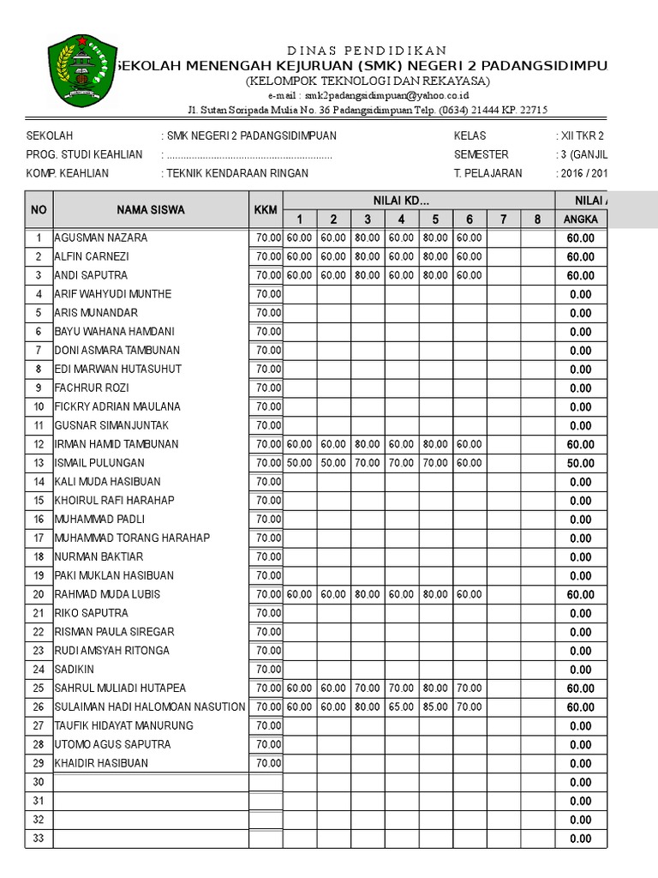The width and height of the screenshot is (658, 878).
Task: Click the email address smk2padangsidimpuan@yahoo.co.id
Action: pos(367,96)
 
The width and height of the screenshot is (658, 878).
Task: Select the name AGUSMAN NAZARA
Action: pos(100,238)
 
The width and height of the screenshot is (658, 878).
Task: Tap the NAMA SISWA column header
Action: pos(151,210)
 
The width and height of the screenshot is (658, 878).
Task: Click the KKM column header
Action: pos(266,210)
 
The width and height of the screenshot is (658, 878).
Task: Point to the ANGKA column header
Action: pos(580,219)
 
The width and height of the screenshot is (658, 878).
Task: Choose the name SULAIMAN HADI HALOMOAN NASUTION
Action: pos(150,707)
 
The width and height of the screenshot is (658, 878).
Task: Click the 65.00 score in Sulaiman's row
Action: pos(401,707)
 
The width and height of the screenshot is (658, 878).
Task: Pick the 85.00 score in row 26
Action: pos(435,707)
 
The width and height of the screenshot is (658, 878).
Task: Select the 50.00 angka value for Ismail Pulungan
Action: pos(580,463)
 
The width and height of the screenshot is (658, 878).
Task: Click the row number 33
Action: pos(38,839)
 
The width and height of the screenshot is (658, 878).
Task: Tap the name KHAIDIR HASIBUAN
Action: pos(101,763)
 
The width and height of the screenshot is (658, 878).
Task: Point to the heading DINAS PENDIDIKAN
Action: pos(366,51)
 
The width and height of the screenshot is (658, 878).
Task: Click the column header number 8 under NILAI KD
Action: pos(537,219)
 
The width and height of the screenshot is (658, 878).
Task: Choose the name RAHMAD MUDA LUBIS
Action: pos(107,594)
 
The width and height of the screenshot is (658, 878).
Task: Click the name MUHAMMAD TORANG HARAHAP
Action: pos(132,538)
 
